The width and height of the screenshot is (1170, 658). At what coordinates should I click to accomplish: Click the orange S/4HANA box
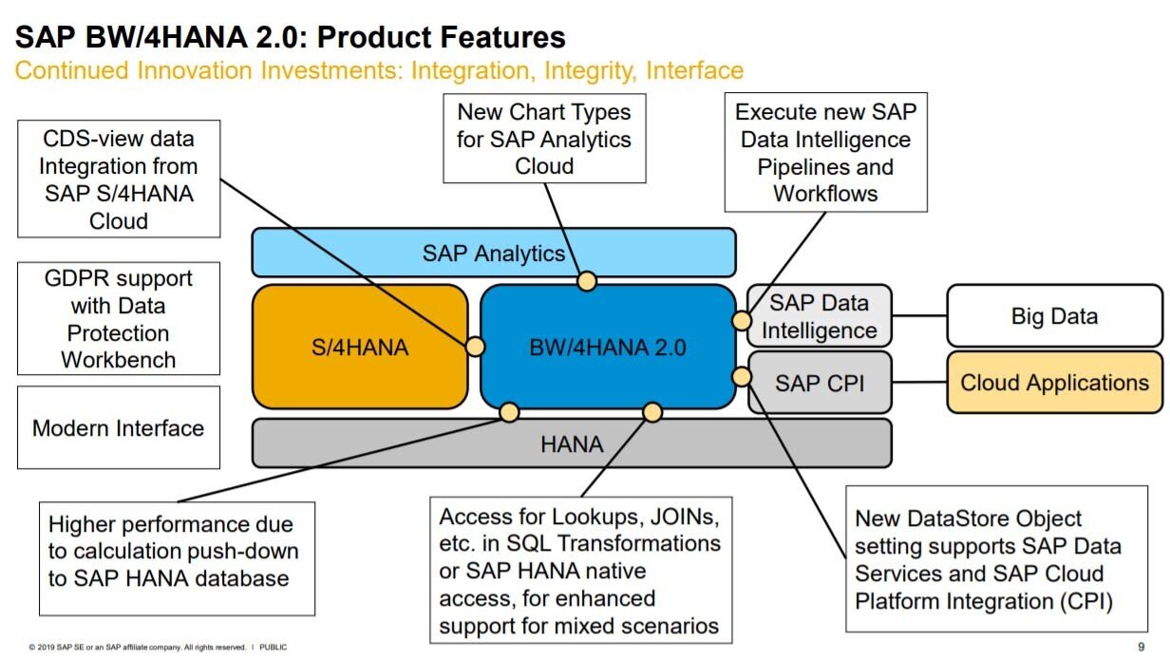(360, 347)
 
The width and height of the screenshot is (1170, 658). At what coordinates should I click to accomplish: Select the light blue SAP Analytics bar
(493, 253)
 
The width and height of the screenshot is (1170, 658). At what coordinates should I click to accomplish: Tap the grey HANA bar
(571, 443)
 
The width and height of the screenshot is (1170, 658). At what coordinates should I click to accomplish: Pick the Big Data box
(1053, 316)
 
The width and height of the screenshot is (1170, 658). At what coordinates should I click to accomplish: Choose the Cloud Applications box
(1054, 383)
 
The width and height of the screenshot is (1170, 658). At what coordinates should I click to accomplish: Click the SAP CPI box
(820, 383)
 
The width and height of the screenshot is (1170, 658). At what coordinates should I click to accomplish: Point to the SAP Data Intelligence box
(819, 316)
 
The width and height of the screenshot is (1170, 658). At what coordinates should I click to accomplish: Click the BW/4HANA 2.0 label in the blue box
(607, 348)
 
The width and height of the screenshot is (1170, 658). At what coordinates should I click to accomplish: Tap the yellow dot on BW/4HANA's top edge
(587, 281)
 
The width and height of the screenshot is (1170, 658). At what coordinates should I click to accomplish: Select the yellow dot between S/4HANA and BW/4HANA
(474, 347)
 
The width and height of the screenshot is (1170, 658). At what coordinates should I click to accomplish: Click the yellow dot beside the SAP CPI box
(742, 377)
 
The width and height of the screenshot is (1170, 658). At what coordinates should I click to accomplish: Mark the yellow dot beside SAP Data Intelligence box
(741, 320)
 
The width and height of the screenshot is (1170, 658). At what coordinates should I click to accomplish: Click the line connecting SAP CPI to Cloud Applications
(919, 383)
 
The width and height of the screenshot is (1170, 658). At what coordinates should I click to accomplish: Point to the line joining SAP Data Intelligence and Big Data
(919, 316)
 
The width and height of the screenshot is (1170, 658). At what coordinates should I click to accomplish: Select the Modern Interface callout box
(119, 427)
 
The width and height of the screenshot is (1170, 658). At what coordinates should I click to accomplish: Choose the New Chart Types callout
(544, 139)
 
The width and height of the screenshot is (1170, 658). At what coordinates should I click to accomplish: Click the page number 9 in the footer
(1141, 647)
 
